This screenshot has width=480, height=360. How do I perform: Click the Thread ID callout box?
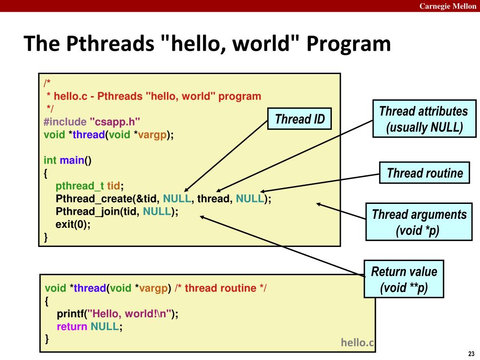[300, 119]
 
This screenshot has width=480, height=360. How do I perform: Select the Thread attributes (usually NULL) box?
[423, 119]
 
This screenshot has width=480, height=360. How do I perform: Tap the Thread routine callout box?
[425, 173]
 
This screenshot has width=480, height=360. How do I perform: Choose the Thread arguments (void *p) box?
[419, 222]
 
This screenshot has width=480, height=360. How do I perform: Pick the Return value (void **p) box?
[404, 279]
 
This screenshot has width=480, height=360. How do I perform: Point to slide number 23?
[471, 353]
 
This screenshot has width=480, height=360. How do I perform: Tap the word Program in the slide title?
[349, 44]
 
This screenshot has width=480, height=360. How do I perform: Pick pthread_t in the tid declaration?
[80, 186]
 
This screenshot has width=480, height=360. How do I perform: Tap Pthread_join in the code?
[88, 211]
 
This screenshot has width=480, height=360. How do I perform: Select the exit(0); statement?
[73, 224]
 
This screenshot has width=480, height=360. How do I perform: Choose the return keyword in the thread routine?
[72, 326]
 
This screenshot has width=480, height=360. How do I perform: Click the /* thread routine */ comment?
[220, 288]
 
